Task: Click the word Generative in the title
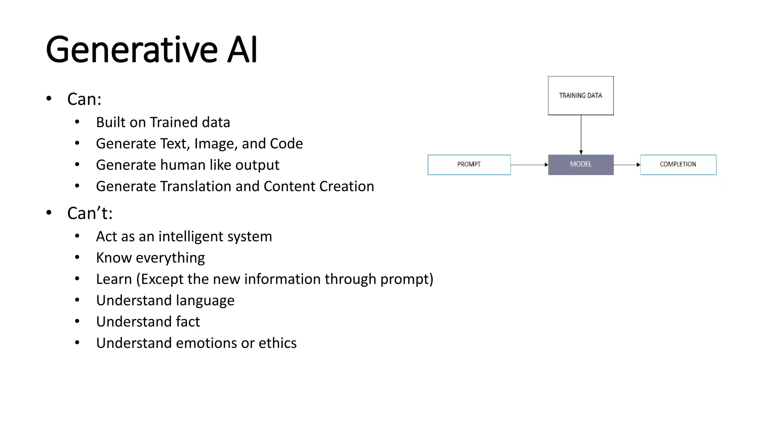tap(131, 50)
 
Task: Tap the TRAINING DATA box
tap(581, 95)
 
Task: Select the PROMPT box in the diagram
tap(469, 165)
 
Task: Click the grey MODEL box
tap(581, 165)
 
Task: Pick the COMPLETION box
tap(678, 165)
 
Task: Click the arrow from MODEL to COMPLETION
tap(627, 165)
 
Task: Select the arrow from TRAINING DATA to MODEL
tap(581, 135)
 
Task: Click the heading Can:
tap(84, 99)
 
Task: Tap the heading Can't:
tap(90, 213)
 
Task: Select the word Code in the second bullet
tap(286, 144)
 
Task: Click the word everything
tap(170, 258)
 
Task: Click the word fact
tap(188, 322)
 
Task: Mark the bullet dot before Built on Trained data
tap(77, 122)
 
